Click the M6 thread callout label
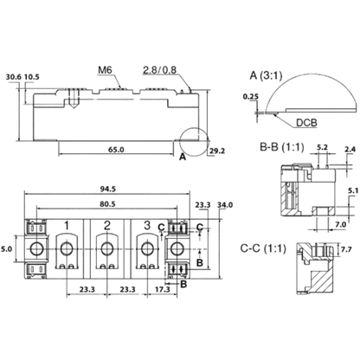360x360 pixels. [x=105, y=70]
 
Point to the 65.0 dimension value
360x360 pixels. [x=116, y=150]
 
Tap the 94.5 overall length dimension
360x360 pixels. [x=108, y=189]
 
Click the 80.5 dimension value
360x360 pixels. [x=107, y=204]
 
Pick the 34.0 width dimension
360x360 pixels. [x=225, y=205]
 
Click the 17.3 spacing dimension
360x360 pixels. [x=163, y=289]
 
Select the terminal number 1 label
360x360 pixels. [x=67, y=226]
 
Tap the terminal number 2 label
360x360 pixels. [x=107, y=225]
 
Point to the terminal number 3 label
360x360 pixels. [x=147, y=225]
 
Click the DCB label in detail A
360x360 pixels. [x=306, y=123]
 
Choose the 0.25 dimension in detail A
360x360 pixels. [x=251, y=97]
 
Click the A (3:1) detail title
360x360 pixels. [x=266, y=75]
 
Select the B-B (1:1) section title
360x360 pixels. [x=282, y=147]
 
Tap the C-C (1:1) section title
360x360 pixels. [x=263, y=248]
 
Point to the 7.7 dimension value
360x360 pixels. [x=346, y=249]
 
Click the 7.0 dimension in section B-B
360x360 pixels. [x=341, y=224]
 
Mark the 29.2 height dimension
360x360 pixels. [x=217, y=151]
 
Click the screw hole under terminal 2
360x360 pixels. [x=107, y=248]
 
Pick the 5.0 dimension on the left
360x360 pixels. [x=6, y=248]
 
